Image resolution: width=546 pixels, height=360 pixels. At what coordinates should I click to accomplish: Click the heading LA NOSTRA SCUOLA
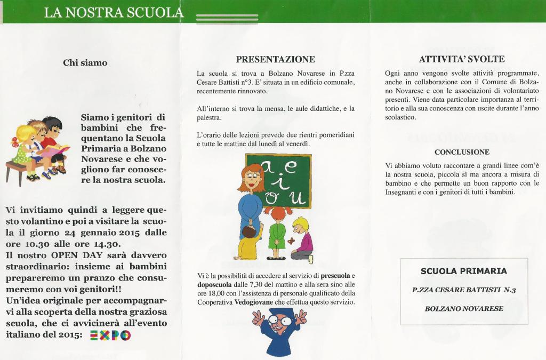[x=114, y=12]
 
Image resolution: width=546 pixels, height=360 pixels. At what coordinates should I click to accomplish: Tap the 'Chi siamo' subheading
[x=85, y=63]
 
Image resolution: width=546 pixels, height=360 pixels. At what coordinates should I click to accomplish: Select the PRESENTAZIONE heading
[x=275, y=59]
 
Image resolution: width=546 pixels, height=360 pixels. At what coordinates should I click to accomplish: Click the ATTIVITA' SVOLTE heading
[x=462, y=59]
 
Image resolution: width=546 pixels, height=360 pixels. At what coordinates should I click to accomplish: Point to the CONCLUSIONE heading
[x=462, y=152]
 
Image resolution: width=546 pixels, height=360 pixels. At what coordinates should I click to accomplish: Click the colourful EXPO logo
[x=110, y=335]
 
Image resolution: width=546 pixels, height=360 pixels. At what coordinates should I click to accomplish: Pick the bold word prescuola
[x=335, y=275]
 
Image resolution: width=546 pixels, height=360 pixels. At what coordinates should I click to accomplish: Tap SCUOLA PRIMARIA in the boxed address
[x=463, y=271]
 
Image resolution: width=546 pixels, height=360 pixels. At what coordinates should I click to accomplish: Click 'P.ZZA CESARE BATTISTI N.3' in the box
[x=464, y=290]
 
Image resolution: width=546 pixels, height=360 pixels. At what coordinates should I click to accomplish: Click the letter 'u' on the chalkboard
[x=296, y=198]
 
